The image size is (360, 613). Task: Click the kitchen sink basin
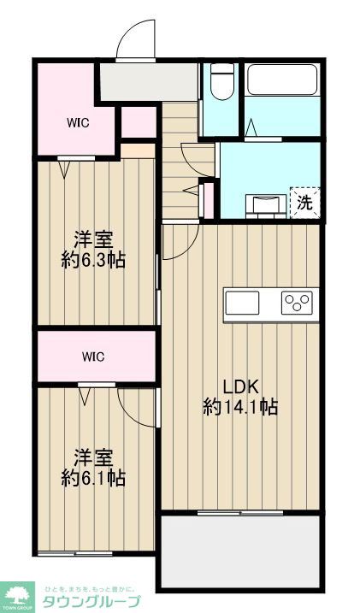pyautogui.click(x=242, y=303)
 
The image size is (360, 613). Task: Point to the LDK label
pyautogui.click(x=240, y=385)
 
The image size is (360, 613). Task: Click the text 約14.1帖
pyautogui.click(x=240, y=408)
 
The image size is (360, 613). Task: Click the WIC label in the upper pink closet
pyautogui.click(x=79, y=121)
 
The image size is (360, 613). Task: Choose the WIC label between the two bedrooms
pyautogui.click(x=94, y=355)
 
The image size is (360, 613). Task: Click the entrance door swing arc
pyautogui.click(x=137, y=38)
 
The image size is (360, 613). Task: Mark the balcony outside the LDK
pyautogui.click(x=239, y=551)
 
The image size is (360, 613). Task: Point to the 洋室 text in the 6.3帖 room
pyautogui.click(x=94, y=239)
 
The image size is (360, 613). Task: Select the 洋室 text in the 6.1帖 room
pyautogui.click(x=94, y=457)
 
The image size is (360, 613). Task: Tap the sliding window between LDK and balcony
pyautogui.click(x=239, y=513)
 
